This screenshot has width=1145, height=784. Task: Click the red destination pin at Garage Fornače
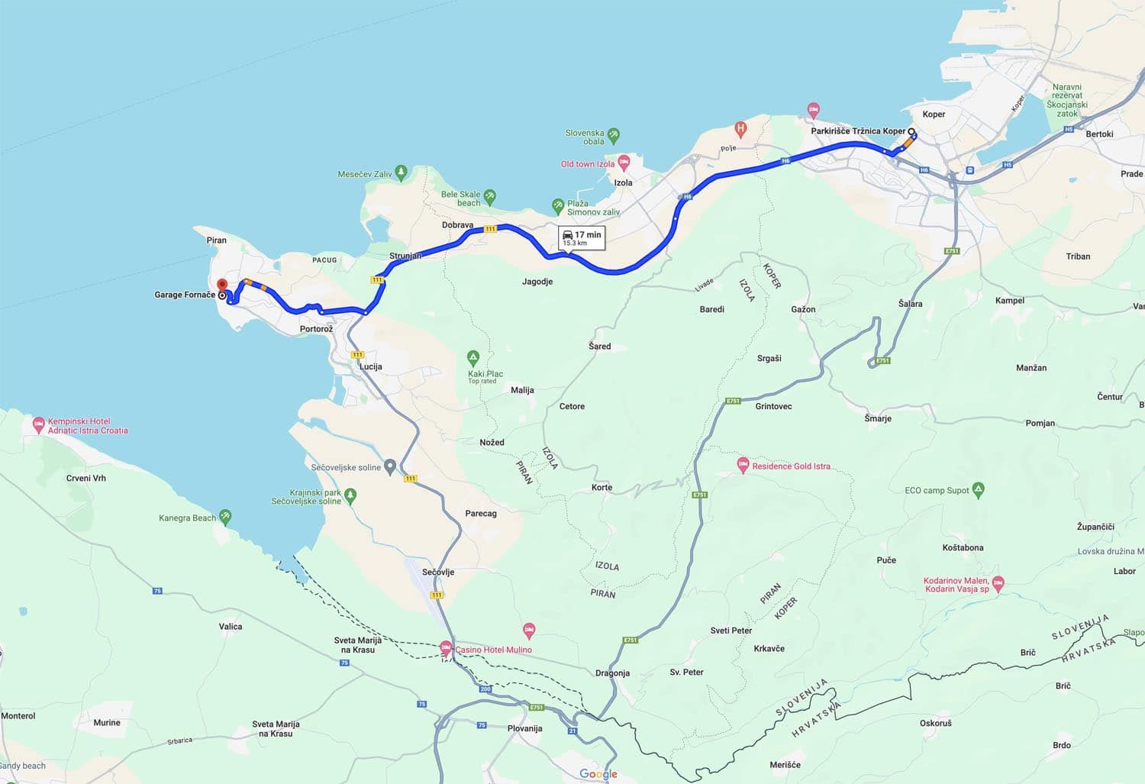[222, 284]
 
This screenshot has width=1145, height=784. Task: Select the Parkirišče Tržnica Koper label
[857, 131]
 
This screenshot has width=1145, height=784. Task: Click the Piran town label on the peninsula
[217, 240]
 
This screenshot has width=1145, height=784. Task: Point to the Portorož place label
[316, 329]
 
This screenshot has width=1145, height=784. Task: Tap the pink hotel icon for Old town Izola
[624, 162]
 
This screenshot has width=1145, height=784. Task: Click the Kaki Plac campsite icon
[473, 357]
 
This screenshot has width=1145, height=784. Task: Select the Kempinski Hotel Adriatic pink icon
[39, 424]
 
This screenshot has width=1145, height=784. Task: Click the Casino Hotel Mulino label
[493, 650]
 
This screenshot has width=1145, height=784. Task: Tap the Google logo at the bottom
[598, 774]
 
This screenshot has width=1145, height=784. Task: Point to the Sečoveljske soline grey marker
[390, 466]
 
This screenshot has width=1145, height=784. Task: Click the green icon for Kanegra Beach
[225, 517]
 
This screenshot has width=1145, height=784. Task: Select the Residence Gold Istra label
[791, 466]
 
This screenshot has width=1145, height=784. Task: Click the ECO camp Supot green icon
[979, 489]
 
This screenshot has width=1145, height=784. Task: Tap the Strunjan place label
[405, 256]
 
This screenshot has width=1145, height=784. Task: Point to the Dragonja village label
[612, 673]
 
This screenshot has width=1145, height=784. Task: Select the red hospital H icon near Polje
[740, 128]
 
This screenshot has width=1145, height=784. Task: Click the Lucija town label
[370, 366]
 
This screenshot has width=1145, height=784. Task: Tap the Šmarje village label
[878, 418]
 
